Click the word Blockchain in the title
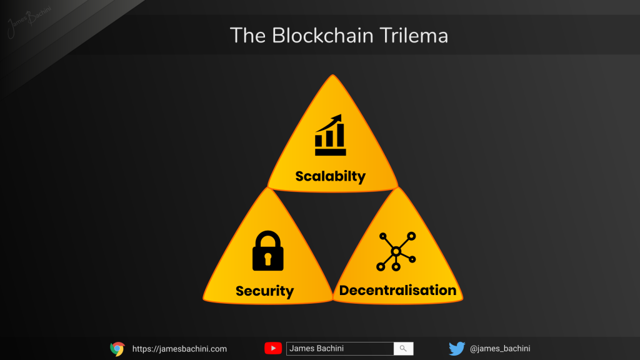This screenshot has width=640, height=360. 322,36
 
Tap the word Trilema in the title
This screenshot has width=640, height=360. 414,36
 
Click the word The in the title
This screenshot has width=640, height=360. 247,36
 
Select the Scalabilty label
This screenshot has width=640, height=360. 330,176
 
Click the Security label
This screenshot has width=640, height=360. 264,291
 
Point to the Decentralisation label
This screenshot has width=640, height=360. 397,290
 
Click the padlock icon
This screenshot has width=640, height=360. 267,251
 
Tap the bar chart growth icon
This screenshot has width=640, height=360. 330,135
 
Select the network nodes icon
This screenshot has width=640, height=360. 396,251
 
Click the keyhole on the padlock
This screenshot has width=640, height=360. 267,259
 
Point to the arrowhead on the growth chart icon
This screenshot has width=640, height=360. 337,119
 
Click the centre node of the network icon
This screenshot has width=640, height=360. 396,251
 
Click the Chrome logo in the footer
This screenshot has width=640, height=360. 117,349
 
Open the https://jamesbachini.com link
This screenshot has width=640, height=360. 179,349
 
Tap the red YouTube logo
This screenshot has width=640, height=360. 273,348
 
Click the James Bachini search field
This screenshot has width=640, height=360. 340,349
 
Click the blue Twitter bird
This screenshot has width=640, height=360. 457,349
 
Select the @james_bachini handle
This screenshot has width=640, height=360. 500,349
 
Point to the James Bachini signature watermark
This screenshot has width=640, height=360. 29,21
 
